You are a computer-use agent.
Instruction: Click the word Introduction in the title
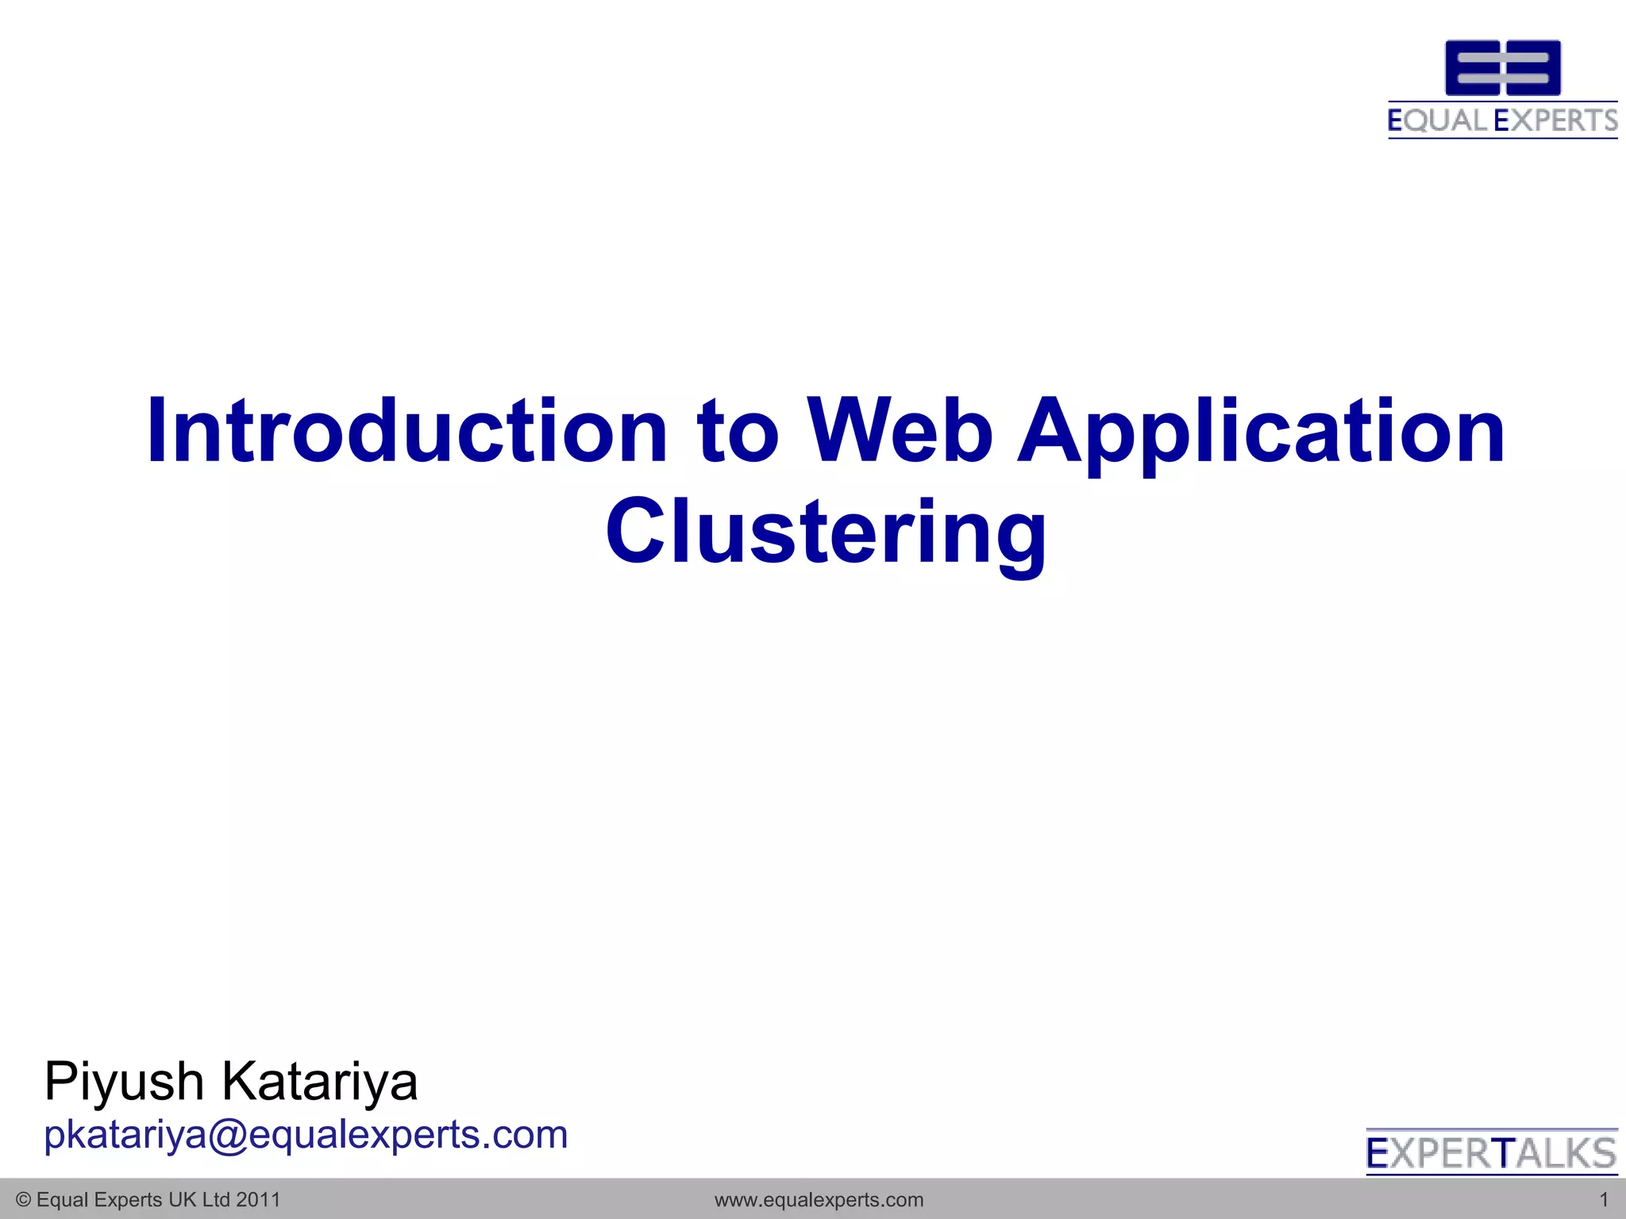point(406,431)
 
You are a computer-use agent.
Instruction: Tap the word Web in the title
point(900,431)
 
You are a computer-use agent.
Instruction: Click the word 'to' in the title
point(738,433)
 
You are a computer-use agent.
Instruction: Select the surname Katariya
point(319,1082)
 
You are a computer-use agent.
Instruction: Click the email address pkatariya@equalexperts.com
point(306,1135)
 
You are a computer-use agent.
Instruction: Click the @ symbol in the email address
point(228,1136)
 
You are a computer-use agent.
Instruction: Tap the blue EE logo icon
point(1502,68)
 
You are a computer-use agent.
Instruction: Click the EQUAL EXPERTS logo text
point(1502,121)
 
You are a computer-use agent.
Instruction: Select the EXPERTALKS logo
point(1491,1153)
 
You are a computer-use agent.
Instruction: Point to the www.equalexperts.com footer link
point(819,1200)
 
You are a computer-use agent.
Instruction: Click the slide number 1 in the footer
point(1603,1200)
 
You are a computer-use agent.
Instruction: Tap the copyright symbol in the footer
point(23,1200)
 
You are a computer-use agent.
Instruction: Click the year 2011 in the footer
point(259,1200)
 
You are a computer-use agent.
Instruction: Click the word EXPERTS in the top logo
point(1555,121)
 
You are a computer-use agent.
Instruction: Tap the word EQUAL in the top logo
point(1437,121)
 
